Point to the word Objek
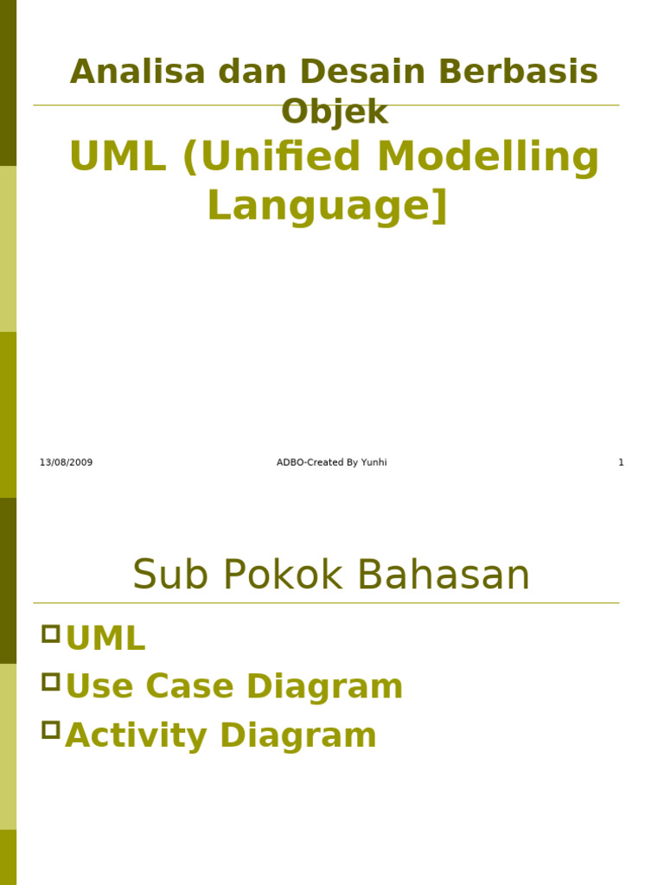(x=335, y=112)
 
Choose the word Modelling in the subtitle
(x=488, y=157)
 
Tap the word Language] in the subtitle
(x=328, y=206)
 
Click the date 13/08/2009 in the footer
(x=66, y=463)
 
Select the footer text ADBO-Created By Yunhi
(x=331, y=463)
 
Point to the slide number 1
(x=621, y=463)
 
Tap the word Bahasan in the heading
(x=445, y=576)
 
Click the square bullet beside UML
(x=51, y=634)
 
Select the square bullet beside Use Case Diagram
(x=51, y=682)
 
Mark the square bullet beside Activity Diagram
(x=51, y=729)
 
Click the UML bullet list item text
(x=105, y=640)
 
